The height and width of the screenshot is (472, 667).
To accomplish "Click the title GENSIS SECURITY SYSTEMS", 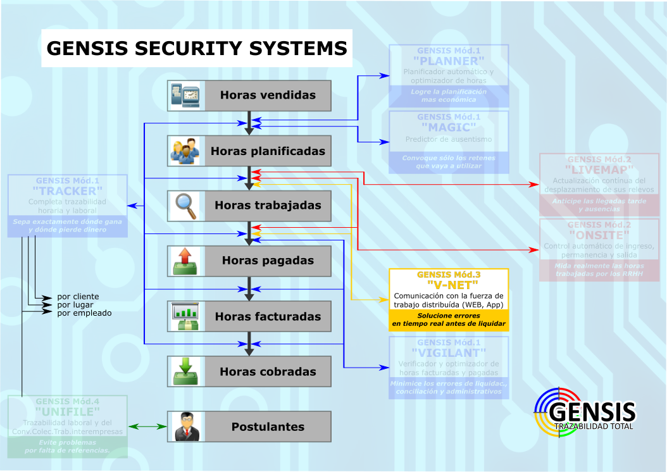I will tap(197, 49).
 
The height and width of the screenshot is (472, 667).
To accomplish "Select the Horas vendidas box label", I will tap(268, 96).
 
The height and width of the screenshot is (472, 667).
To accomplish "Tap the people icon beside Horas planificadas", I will tap(185, 151).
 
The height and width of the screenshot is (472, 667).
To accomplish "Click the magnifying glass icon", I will tap(185, 206).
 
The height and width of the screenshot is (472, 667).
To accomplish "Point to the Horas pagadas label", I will tap(268, 261).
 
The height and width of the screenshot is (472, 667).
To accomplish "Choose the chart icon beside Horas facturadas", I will tap(185, 316).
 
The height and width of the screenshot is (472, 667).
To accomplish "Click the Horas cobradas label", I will tap(268, 372).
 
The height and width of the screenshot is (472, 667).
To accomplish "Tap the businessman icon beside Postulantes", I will tap(185, 426).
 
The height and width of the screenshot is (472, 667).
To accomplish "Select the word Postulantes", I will tap(268, 427).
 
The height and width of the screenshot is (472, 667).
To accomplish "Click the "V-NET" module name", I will tap(449, 285).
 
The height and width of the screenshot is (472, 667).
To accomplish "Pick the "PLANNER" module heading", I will tap(449, 61).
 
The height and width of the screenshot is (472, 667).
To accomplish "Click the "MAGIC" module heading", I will tap(449, 127).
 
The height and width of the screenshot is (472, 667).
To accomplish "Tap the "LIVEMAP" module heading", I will tap(599, 170).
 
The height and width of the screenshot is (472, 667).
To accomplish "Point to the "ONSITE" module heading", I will tap(599, 234).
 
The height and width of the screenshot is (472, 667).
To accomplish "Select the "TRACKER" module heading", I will tap(67, 190).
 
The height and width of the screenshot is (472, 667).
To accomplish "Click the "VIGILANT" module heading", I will tap(449, 352).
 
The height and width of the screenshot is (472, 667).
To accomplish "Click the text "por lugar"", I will tap(75, 304).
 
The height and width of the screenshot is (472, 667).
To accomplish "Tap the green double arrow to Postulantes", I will tap(147, 427).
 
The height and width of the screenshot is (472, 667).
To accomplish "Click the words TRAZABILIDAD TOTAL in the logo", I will tap(594, 426).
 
